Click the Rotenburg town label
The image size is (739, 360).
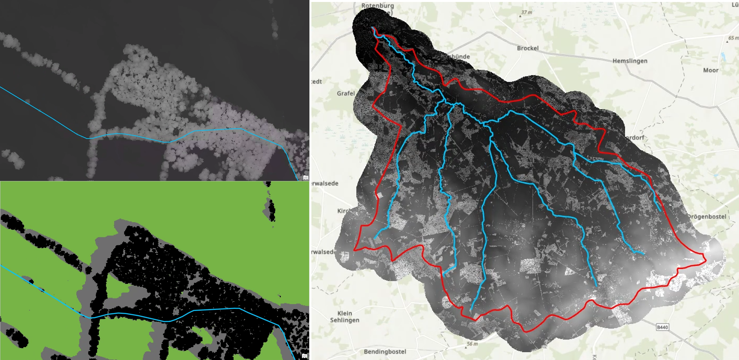coord(377,6)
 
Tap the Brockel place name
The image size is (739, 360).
coord(528,48)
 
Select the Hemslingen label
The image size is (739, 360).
coord(630,61)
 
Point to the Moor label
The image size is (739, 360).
coord(711,70)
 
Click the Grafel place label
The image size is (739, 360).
coord(346,93)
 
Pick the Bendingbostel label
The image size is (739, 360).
coord(385,352)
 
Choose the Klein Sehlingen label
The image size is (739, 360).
coord(344,316)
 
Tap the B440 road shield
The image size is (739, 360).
coord(662,327)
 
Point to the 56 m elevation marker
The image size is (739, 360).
coord(472,344)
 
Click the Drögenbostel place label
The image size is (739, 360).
coord(706,217)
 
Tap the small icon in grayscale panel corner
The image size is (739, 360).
coord(305,177)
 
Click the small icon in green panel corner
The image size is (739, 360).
coord(305,356)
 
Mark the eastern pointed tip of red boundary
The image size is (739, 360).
coord(706,259)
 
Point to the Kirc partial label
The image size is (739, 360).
coord(343,211)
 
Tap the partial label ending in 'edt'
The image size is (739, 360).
coord(316,82)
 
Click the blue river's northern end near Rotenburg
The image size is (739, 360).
coord(372,27)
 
